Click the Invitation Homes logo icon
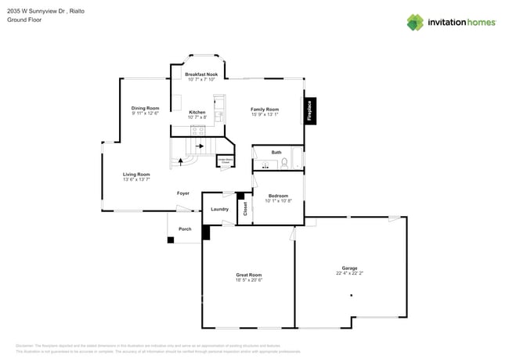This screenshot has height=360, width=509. coord(414,23)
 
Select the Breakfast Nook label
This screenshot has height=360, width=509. coord(201,74)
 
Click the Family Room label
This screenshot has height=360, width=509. coord(264,109)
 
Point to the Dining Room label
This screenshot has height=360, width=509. coord(145,108)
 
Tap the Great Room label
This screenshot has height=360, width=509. coord(248,274)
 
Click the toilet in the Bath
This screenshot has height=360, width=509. coord(284,164)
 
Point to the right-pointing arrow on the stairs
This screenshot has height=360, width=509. coord(200,146)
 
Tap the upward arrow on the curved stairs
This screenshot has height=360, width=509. coord(182,162)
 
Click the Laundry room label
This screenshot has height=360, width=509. coord(219,209)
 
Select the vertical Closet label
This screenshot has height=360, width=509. coord(244,209)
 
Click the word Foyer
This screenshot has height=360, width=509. coord(182,193)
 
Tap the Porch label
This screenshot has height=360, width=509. coord(185,229)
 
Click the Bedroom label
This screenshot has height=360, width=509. coord(278,196)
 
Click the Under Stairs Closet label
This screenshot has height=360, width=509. coord(225,161)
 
